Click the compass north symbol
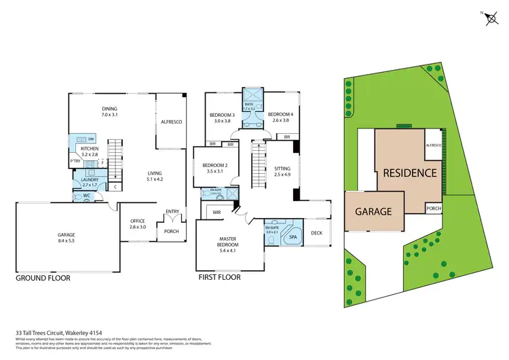click(x=489, y=19)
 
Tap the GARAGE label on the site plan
click(x=373, y=211)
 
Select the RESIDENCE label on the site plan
click(x=409, y=173)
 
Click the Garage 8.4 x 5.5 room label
click(x=66, y=238)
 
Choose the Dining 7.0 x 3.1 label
click(x=109, y=112)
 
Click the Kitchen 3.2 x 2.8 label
click(x=90, y=151)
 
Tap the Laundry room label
click(x=90, y=181)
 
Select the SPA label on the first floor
click(x=293, y=238)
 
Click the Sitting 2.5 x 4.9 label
click(x=282, y=172)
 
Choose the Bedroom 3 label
click(x=224, y=117)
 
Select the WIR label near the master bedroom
click(x=219, y=213)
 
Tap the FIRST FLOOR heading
click(x=219, y=277)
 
